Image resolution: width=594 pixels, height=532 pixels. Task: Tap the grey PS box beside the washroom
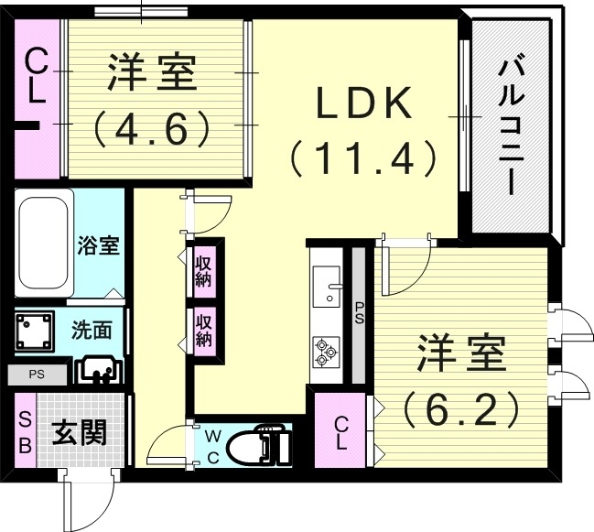37,374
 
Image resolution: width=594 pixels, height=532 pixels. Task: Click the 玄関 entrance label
78,432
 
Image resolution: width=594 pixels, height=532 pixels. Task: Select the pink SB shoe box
25,431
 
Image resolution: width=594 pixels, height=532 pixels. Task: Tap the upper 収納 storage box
203,272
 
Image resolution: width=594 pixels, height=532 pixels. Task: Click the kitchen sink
325,288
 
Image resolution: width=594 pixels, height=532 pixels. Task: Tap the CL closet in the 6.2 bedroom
340,429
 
